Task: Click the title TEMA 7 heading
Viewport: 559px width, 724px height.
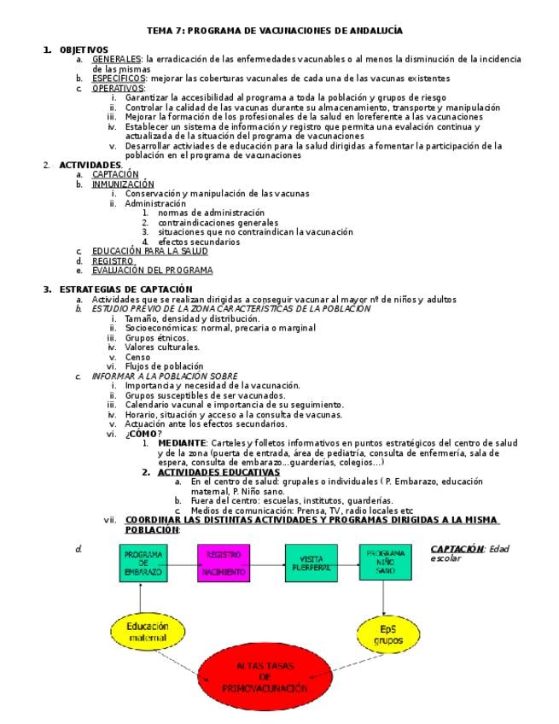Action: click(275, 31)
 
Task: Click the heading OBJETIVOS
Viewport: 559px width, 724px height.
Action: click(84, 50)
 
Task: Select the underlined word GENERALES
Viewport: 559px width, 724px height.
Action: click(116, 59)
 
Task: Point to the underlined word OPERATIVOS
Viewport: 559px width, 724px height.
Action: click(118, 88)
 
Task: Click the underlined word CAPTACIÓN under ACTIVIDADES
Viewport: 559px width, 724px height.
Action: click(115, 174)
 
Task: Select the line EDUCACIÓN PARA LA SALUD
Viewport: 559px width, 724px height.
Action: click(149, 251)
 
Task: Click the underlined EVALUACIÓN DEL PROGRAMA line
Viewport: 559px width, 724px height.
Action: click(152, 270)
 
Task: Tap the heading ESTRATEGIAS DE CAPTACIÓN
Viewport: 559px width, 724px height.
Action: click(125, 289)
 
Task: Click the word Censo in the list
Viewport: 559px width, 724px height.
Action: click(137, 357)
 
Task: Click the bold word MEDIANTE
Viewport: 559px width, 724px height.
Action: click(181, 443)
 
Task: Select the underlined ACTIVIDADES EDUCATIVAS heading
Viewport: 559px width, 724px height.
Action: click(218, 471)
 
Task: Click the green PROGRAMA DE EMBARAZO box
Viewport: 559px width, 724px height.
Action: click(143, 563)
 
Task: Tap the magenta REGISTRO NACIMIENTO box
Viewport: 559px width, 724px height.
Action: click(224, 563)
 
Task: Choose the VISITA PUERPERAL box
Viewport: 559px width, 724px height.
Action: click(311, 563)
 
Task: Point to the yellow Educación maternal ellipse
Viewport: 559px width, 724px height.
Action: click(148, 632)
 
